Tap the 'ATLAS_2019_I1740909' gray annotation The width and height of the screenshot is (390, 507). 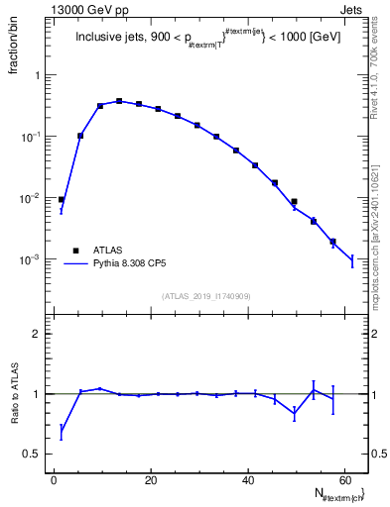coord(207,295)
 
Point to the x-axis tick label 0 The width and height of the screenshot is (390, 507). coord(55,480)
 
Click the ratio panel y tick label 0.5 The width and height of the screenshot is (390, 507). coord(33,454)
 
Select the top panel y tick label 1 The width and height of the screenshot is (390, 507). coord(37,75)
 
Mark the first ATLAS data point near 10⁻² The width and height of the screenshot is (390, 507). coord(62,200)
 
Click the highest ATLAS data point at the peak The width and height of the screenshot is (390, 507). coord(119,101)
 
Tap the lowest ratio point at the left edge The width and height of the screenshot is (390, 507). coord(62,431)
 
